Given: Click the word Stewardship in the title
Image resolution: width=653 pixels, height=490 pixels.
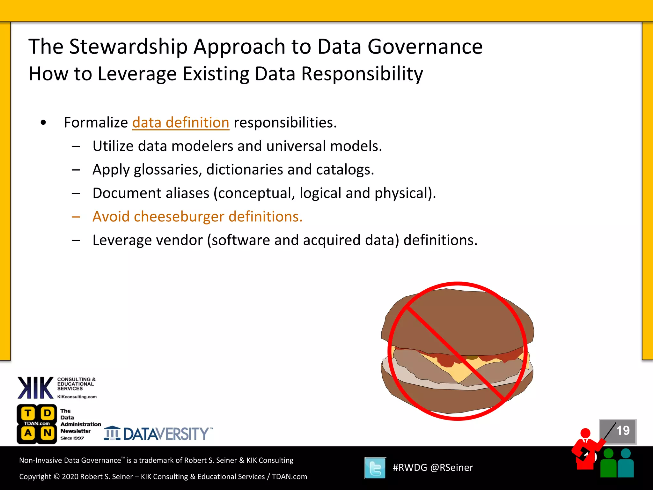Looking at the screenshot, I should pos(128,47).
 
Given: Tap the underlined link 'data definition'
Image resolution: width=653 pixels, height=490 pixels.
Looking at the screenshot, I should pos(180,123).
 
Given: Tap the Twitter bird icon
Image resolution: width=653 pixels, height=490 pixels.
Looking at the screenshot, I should pos(375,468).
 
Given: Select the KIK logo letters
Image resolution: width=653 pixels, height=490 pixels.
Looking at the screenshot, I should pos(35,388).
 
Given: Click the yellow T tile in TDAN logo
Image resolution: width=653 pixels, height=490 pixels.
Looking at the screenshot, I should pos(28,413).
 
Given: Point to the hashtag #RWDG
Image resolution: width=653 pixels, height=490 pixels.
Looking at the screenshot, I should pos(410,468).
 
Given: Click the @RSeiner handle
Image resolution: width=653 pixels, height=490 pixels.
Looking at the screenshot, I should pos(451,468).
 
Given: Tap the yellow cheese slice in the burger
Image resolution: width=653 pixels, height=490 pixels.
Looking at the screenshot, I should pos(459,370).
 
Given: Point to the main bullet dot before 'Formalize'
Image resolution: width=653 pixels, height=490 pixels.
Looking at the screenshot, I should pos(43,123).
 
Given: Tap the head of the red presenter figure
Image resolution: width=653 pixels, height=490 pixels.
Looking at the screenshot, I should pos(585,433).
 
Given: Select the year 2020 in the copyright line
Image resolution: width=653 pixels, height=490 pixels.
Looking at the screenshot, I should pos(70,477).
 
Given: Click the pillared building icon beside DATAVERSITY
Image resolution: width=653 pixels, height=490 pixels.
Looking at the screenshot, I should pos(112,433).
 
